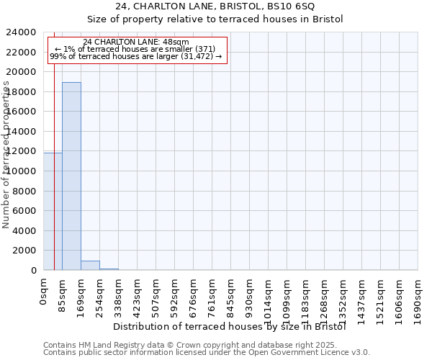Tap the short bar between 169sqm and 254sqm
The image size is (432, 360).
click(x=90, y=265)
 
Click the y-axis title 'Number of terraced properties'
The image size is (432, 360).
click(x=6, y=155)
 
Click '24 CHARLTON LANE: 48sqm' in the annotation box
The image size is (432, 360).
click(x=136, y=42)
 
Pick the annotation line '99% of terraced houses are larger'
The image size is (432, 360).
click(x=136, y=56)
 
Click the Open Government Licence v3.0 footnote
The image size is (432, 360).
click(x=207, y=353)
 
